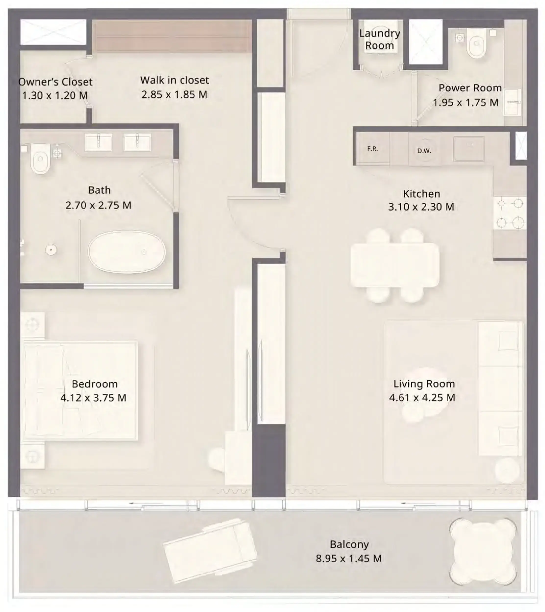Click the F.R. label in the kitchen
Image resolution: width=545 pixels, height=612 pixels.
(x=373, y=149)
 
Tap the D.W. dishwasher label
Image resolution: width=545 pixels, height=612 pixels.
(x=424, y=151)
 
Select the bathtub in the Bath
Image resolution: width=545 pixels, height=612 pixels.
(x=127, y=252)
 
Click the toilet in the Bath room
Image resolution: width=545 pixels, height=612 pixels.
(x=40, y=159)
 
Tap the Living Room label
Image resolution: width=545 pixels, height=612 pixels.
(x=424, y=384)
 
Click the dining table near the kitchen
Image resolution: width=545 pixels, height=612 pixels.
(x=395, y=265)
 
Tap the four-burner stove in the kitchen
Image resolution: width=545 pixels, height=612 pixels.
(x=510, y=213)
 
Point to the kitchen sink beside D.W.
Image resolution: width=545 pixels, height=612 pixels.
(x=469, y=149)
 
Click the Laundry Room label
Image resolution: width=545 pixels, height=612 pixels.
(x=379, y=39)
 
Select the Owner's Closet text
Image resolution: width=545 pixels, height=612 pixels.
(x=55, y=82)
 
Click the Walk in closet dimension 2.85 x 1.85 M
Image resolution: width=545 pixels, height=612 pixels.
(x=174, y=95)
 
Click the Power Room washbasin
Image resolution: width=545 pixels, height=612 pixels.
(x=512, y=102)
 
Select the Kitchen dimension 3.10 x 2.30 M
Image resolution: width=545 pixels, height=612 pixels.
(x=421, y=207)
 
